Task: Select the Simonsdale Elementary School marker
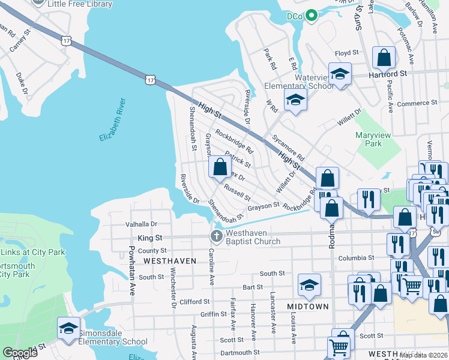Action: (x=68, y=328)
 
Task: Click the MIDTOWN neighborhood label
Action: (x=308, y=307)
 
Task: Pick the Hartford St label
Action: (x=387, y=73)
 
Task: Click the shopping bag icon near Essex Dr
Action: (x=220, y=166)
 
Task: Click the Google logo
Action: (x=20, y=353)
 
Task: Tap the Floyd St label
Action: (x=346, y=53)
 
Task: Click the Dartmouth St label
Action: (x=240, y=353)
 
